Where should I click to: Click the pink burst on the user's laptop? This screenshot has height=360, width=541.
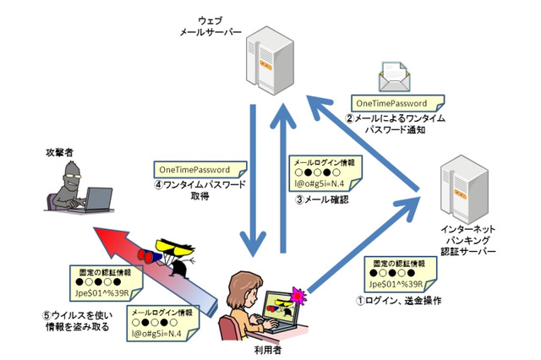pos(297,294)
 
